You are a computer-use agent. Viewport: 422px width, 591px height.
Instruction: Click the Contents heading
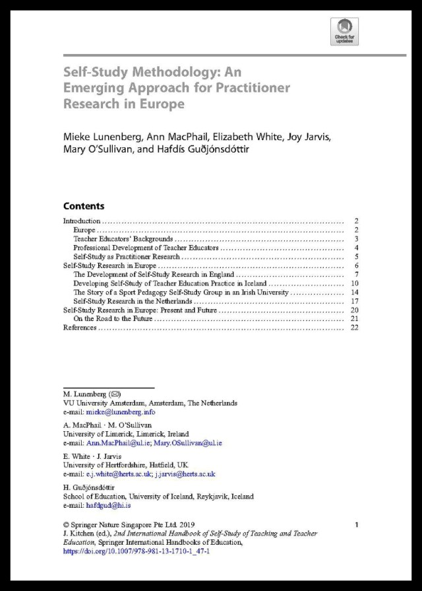84,206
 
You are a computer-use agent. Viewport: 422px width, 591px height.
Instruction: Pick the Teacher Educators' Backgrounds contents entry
123,238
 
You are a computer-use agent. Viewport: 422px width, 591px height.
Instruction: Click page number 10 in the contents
354,283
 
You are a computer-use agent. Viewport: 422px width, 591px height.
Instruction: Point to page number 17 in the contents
354,301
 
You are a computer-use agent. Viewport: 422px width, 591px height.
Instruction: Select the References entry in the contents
80,328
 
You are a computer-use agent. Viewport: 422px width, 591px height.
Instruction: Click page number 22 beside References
354,328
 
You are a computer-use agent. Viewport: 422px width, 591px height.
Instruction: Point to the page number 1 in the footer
356,525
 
